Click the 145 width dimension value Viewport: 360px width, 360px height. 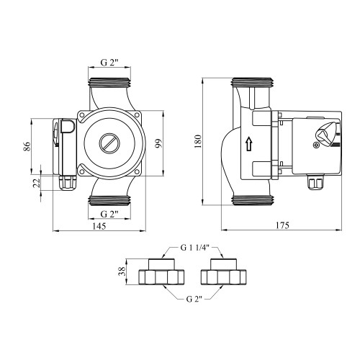(99, 226)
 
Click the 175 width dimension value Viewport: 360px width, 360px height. (282, 225)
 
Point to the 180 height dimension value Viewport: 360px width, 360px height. (198, 141)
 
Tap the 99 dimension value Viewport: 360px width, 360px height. (158, 143)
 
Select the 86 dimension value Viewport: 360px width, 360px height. (27, 146)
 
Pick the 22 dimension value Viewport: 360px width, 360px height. (36, 183)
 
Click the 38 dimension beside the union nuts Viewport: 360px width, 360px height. (122, 271)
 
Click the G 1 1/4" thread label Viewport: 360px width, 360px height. (195, 248)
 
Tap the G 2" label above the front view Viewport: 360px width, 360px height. (109, 63)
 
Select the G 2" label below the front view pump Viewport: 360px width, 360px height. (109, 214)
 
